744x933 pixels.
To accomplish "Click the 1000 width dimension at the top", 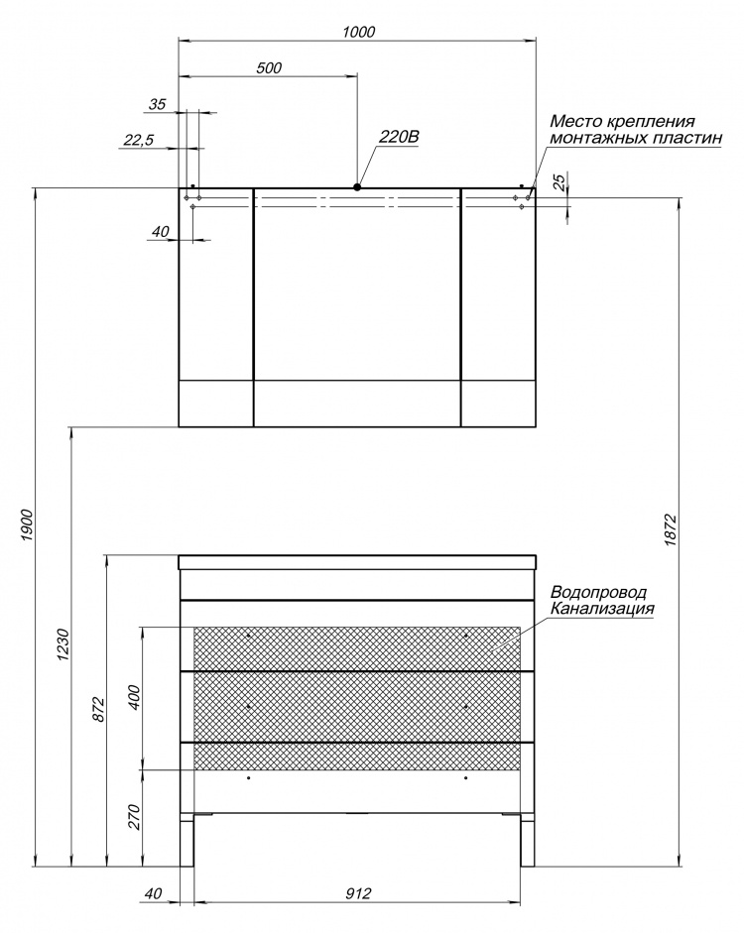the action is [x=359, y=32].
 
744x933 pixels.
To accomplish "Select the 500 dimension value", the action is [x=269, y=67].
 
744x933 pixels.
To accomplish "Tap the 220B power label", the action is [x=399, y=138].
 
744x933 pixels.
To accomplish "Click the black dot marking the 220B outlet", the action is [x=357, y=186].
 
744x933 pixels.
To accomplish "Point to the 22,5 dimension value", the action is [x=139, y=141].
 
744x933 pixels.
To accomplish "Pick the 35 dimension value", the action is [x=157, y=105].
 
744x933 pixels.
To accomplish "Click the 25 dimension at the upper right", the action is [x=558, y=181].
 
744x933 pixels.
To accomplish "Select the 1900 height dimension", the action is [x=26, y=525].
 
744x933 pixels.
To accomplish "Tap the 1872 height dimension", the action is [x=671, y=530].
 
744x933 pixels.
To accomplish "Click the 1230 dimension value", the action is [x=64, y=645].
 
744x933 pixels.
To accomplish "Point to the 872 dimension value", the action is [x=99, y=709].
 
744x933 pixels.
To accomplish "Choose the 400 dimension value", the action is [x=134, y=697].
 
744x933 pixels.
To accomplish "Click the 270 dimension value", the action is [x=134, y=817].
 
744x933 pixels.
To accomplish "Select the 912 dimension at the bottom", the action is [x=358, y=893].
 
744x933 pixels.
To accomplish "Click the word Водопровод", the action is [x=598, y=593].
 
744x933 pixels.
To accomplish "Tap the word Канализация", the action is [x=602, y=609].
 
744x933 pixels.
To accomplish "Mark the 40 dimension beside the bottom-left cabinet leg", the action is [x=154, y=893].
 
